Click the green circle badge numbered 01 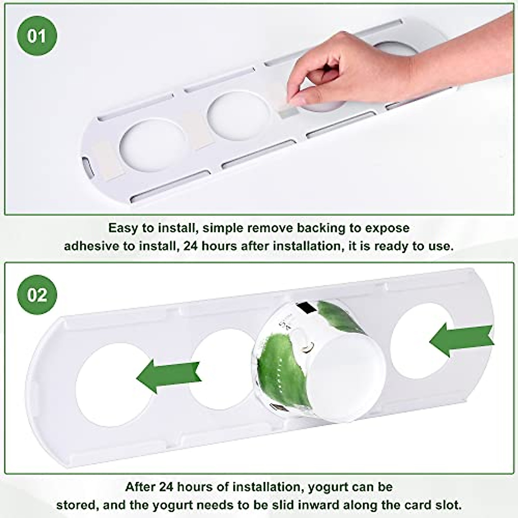(37, 36)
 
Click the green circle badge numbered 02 (37, 295)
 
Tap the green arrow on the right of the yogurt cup (462, 340)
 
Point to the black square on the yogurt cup (307, 307)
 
